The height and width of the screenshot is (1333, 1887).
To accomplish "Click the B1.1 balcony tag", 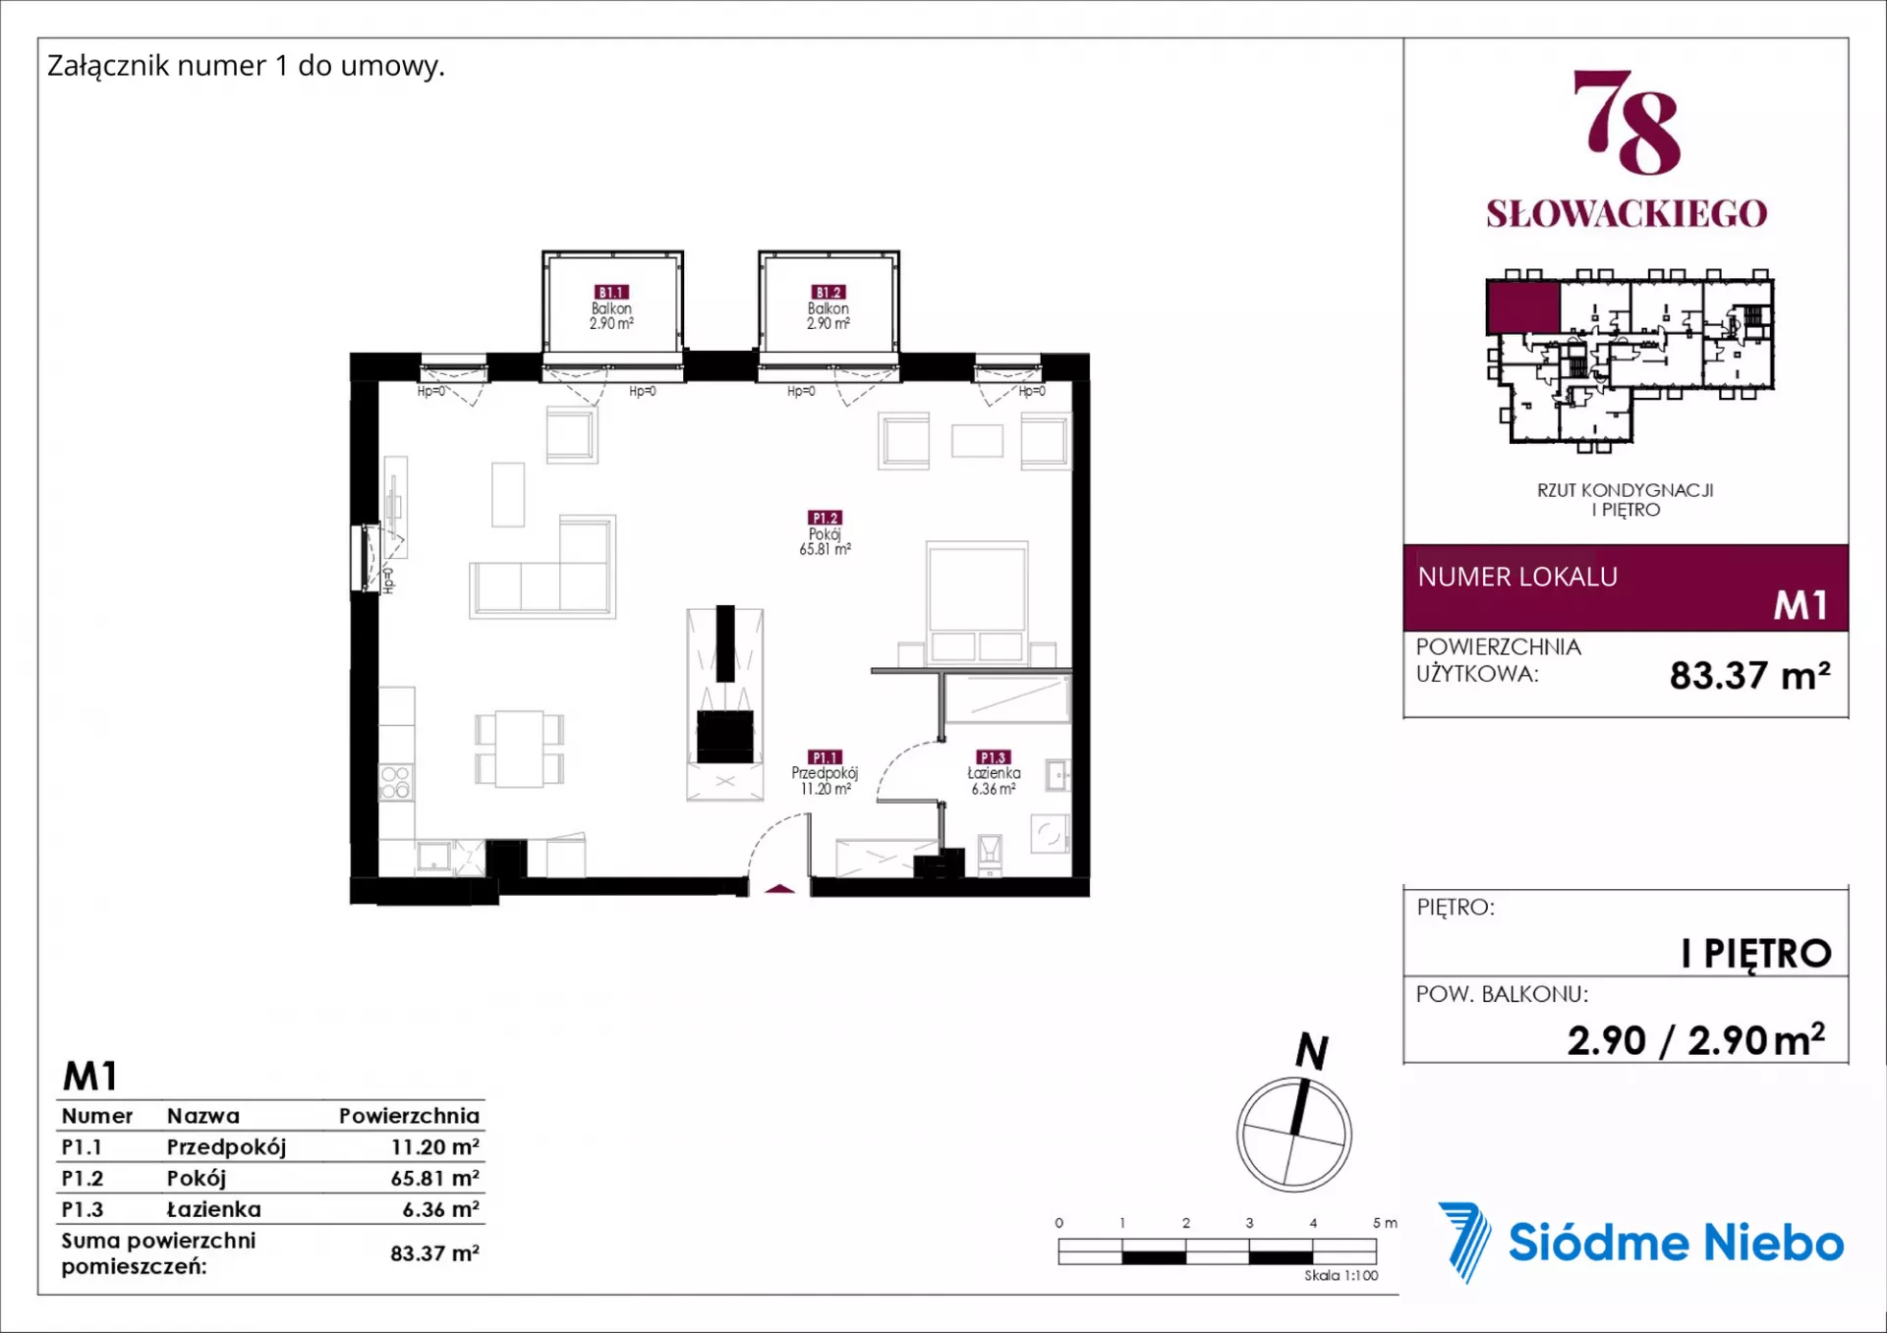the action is [611, 292].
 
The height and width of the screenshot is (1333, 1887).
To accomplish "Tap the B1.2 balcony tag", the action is [828, 292].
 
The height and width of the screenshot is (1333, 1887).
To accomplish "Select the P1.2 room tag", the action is [825, 518].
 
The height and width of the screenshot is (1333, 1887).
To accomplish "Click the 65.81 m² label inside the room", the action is [825, 549].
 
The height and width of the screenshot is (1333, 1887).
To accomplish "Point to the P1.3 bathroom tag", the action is [993, 757].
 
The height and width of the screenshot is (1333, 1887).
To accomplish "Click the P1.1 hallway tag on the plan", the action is [825, 757].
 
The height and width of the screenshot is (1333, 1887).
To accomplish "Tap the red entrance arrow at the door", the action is [779, 889].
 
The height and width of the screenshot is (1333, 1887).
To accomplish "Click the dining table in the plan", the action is [519, 749].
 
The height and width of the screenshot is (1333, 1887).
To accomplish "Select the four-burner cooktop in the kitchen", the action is [395, 783].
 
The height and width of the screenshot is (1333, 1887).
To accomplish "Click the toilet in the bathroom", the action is [990, 853].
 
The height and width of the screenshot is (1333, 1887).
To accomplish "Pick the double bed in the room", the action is [977, 601].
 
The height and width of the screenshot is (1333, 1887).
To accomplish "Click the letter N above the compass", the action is [1312, 1051].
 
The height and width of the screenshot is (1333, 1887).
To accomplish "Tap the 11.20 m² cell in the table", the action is [434, 1146].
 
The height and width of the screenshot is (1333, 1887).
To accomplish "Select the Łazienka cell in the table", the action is [213, 1209].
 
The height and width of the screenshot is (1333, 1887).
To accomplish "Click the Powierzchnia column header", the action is [409, 1116].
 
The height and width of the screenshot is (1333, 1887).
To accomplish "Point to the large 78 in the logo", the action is [1627, 122].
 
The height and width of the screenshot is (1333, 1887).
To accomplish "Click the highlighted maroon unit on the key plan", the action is [1522, 306].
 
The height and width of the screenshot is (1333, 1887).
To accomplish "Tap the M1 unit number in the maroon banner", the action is [1801, 605].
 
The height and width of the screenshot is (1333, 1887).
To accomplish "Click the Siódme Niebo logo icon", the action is [1465, 1242].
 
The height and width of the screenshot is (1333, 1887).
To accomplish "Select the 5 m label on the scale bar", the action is [1385, 1223].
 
